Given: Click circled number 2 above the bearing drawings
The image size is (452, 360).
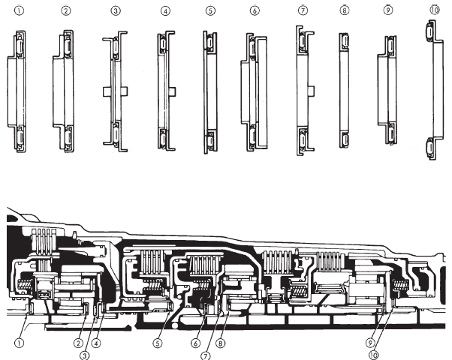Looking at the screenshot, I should (x=66, y=12).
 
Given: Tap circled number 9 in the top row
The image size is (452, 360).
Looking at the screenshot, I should (x=388, y=12).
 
